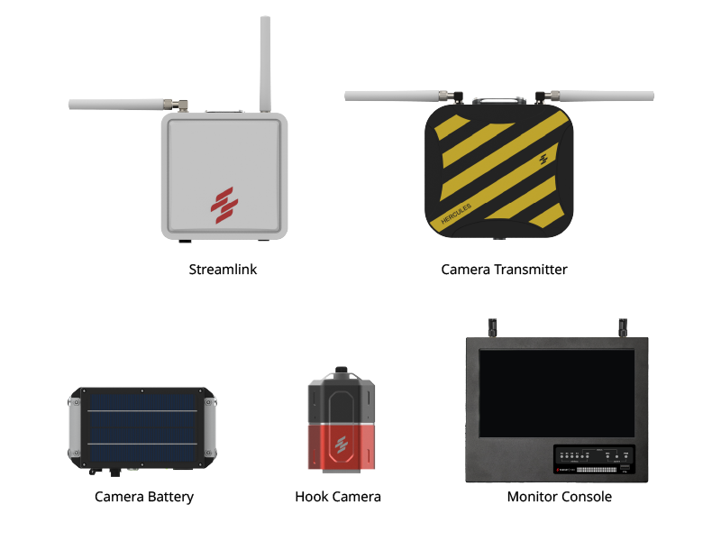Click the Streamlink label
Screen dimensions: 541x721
point(223,270)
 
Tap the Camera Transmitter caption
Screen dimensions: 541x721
point(504,270)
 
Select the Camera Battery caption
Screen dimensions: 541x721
point(144,497)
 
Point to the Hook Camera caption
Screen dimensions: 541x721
point(338,497)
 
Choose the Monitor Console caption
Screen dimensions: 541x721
point(559,497)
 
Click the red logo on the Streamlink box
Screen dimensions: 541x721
point(224,205)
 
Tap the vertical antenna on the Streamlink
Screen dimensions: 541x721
point(266,63)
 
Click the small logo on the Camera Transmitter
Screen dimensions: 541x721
point(543,160)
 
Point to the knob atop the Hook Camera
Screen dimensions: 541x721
point(341,371)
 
